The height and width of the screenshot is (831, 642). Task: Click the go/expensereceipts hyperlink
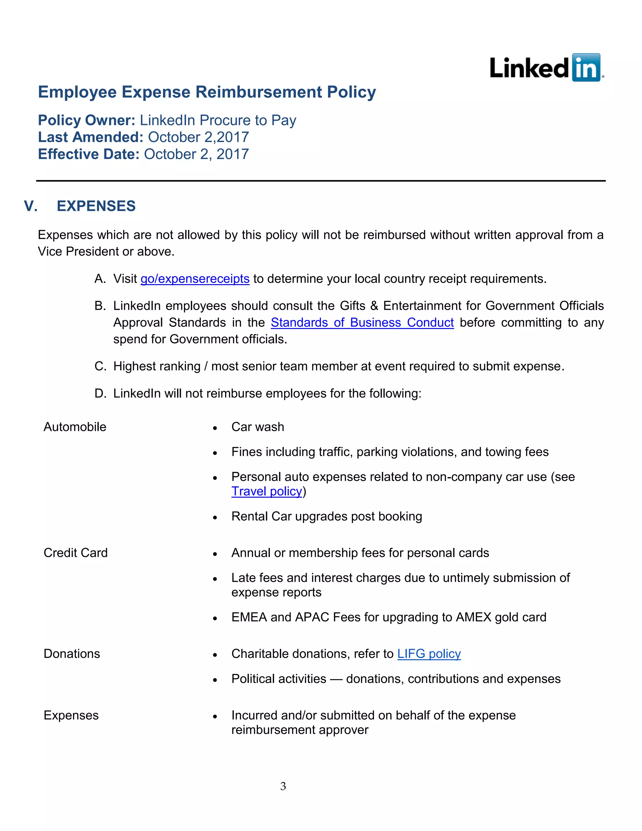195,279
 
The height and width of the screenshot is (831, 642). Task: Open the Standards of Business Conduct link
362,323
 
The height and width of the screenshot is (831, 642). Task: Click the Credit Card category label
76,553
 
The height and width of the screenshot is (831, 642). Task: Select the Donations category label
72,654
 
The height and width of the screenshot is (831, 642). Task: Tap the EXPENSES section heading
96,206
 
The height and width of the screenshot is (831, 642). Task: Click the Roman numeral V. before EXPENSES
30,206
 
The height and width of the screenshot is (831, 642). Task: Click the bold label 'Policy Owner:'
86,120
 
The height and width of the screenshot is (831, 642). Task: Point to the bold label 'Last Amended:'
90,137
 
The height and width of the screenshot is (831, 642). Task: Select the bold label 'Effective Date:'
89,154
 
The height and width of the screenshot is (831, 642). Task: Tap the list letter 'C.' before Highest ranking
100,366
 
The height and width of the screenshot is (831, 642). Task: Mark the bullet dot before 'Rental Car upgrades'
215,517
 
